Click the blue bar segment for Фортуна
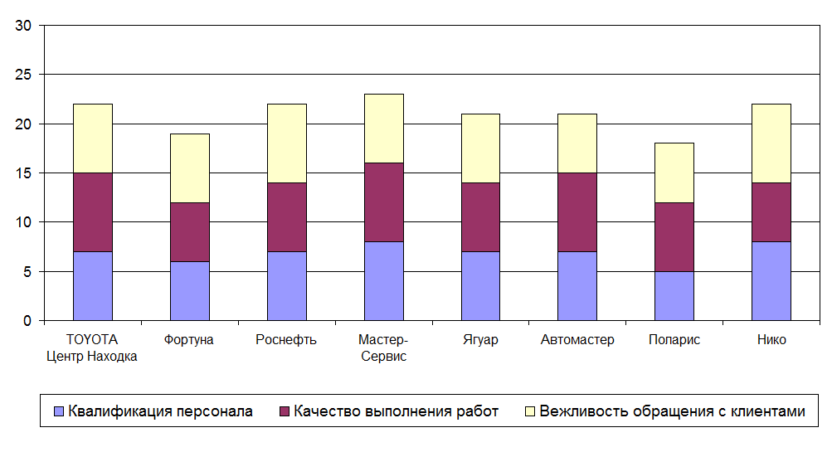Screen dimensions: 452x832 (x=189, y=290)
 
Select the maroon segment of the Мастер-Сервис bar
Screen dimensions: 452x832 (x=383, y=202)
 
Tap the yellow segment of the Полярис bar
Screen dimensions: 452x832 (x=674, y=173)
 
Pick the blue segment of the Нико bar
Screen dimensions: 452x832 (x=771, y=280)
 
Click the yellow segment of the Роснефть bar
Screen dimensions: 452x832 (x=286, y=143)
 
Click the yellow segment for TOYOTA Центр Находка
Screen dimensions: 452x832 (x=92, y=138)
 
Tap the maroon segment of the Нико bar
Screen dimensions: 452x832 (x=771, y=211)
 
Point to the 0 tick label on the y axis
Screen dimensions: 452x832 (x=27, y=321)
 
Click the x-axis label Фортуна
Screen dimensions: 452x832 (x=189, y=340)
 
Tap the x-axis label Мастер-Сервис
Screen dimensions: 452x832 (x=383, y=348)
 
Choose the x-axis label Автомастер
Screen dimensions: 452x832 (x=577, y=340)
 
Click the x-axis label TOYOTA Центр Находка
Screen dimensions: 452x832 (x=92, y=348)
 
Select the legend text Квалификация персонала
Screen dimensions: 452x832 (x=161, y=411)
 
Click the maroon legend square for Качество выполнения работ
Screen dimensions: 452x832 (x=285, y=411)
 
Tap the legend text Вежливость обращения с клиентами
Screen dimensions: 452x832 (x=672, y=411)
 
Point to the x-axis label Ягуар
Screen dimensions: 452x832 (x=480, y=340)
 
